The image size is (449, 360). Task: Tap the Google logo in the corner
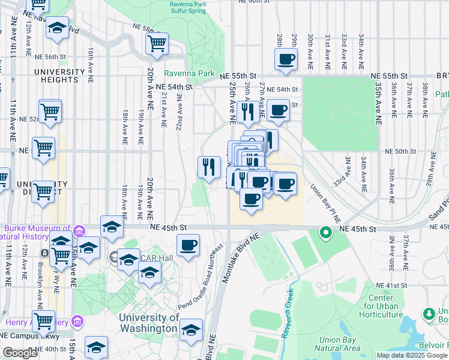pos(20,353)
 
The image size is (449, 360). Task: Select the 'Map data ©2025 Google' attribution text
pos(412,355)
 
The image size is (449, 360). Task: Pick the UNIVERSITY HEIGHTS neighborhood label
pos(59,76)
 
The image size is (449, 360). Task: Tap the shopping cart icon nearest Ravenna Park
pos(157,43)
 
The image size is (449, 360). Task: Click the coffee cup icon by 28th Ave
pos(286,59)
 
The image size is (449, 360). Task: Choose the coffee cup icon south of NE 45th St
pos(188,245)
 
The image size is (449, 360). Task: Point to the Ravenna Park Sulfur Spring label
pos(196,7)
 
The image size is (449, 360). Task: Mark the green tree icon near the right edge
pos(429,314)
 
